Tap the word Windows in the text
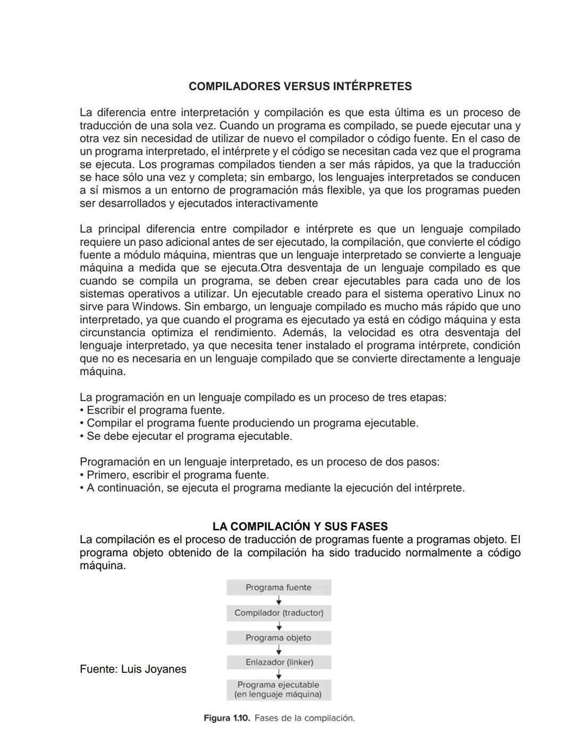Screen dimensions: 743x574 point(155,307)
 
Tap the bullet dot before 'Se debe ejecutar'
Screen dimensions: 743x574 point(82,437)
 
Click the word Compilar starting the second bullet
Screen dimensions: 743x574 point(109,423)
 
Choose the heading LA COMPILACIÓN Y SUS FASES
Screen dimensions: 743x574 point(300,527)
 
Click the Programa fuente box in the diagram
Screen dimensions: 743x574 point(278,588)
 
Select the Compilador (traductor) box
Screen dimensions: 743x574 point(278,613)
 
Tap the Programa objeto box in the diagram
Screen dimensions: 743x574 point(278,638)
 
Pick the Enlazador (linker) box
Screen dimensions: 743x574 point(278,662)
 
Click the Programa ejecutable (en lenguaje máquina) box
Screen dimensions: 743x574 point(278,690)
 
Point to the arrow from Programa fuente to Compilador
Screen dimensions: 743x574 point(278,600)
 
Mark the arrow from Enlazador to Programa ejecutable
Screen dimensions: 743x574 point(278,674)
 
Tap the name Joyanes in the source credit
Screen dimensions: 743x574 point(166,669)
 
